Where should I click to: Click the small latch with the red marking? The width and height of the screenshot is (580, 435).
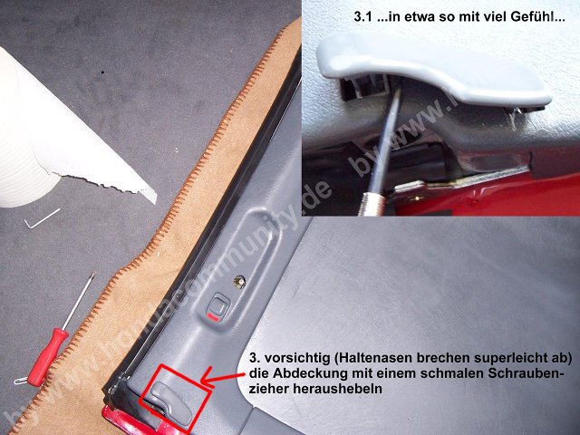[x=218, y=306]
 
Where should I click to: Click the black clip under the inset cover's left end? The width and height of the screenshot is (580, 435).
[x=358, y=87]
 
